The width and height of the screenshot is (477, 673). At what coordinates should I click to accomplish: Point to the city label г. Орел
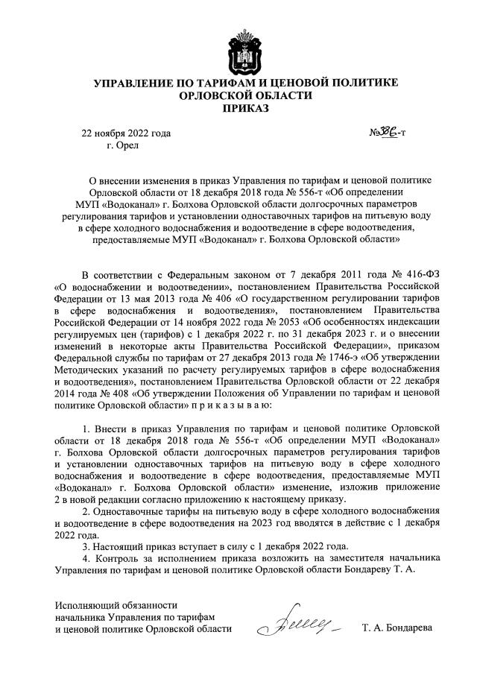click(123, 147)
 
